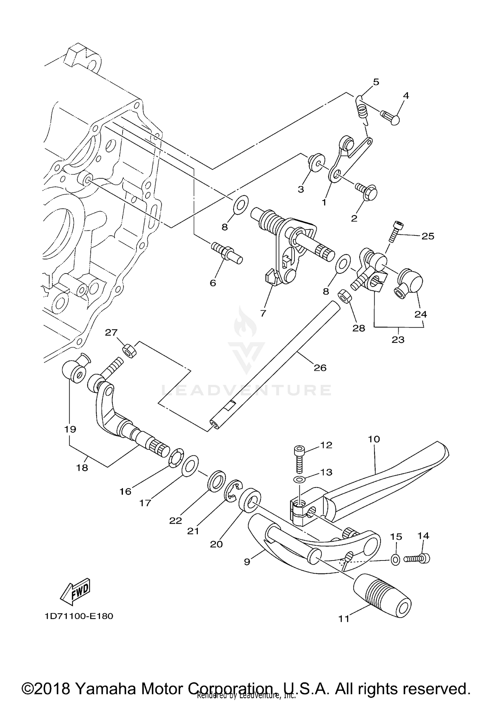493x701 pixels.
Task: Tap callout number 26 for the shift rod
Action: coord(320,368)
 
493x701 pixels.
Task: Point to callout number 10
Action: coord(374,439)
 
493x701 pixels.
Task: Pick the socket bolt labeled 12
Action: coord(299,455)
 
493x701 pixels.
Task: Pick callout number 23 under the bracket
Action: coord(398,339)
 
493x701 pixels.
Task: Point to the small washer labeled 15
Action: coord(396,559)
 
